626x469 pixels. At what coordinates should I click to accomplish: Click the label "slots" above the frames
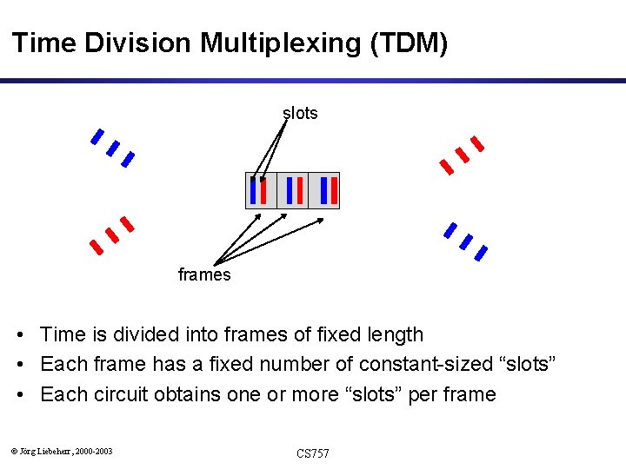[300, 113]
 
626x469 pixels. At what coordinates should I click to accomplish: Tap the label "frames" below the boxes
[204, 275]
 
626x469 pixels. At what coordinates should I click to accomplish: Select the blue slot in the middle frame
[290, 190]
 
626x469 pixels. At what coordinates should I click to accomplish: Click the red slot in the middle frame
[300, 190]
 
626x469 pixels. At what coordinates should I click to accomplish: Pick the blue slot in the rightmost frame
[323, 190]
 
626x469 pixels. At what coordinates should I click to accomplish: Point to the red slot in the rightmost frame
[333, 190]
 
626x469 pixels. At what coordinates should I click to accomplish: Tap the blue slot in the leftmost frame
[253, 190]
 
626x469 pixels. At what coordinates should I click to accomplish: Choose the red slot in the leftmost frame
[263, 190]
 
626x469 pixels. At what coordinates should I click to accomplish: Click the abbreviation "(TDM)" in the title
[409, 43]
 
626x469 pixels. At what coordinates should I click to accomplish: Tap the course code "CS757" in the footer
[313, 453]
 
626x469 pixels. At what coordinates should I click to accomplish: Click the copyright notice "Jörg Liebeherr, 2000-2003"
[66, 451]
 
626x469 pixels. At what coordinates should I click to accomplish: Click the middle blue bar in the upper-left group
[112, 149]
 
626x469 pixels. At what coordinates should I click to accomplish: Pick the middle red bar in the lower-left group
[111, 235]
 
